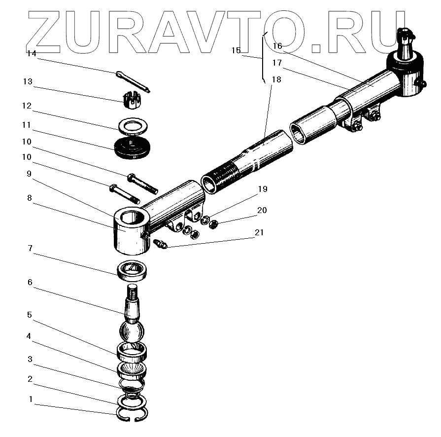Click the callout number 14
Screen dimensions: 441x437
[32, 54]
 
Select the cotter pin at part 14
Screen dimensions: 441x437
[134, 82]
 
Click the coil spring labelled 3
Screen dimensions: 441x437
[131, 388]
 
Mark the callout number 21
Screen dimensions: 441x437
[260, 232]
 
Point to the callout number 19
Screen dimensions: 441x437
[262, 188]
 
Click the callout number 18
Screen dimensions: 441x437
[276, 79]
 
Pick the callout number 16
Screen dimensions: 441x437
[277, 46]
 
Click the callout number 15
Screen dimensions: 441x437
[236, 50]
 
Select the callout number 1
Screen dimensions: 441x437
[31, 399]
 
